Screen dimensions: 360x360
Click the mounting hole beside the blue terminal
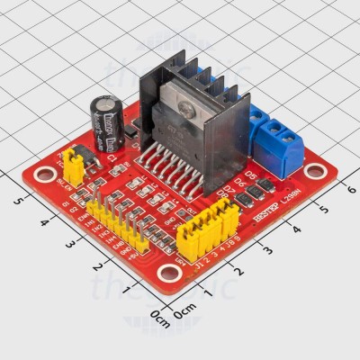[x=312, y=171]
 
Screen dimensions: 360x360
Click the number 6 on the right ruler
[x=351, y=188]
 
